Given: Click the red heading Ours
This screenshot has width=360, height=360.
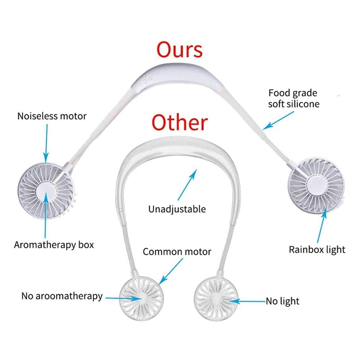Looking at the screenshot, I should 180,50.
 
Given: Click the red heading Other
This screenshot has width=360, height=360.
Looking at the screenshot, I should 180,122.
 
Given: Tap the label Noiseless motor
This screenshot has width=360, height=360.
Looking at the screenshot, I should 52,116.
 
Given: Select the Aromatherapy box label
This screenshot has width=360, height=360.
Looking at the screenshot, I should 54,245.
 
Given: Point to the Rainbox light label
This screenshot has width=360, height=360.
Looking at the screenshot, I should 317,249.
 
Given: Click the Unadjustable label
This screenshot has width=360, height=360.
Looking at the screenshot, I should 177,209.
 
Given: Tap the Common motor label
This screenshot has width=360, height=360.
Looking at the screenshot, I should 177,252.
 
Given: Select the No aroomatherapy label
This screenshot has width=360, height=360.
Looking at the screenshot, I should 62,296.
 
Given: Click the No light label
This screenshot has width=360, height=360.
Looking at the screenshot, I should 282,301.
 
